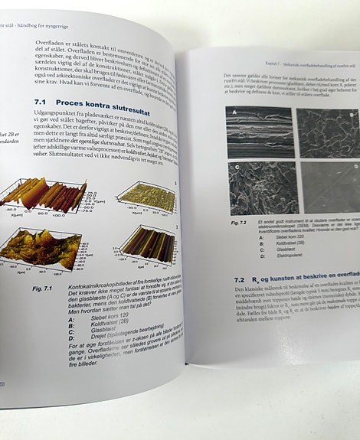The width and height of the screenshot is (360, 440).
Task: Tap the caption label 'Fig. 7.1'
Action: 43,289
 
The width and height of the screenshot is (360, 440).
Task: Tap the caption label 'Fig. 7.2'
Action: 239,222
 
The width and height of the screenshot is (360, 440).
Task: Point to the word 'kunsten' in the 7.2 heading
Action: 291,282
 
